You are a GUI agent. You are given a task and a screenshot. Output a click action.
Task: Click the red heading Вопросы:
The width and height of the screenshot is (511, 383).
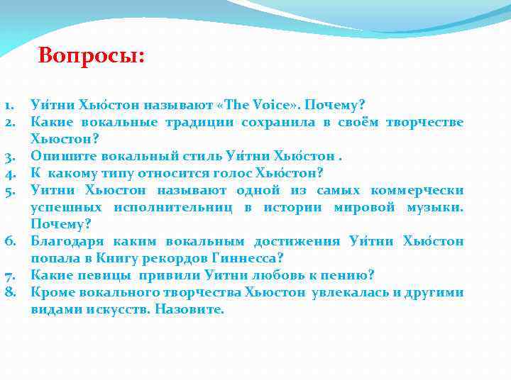click(91, 55)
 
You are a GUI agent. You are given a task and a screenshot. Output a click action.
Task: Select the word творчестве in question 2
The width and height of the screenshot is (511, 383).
click(424, 122)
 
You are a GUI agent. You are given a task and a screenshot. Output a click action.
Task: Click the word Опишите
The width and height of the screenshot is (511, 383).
click(61, 156)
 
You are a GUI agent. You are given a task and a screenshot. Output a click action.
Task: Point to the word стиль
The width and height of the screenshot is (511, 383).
click(199, 156)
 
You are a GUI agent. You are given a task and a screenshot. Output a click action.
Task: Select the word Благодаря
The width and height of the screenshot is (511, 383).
click(65, 241)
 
